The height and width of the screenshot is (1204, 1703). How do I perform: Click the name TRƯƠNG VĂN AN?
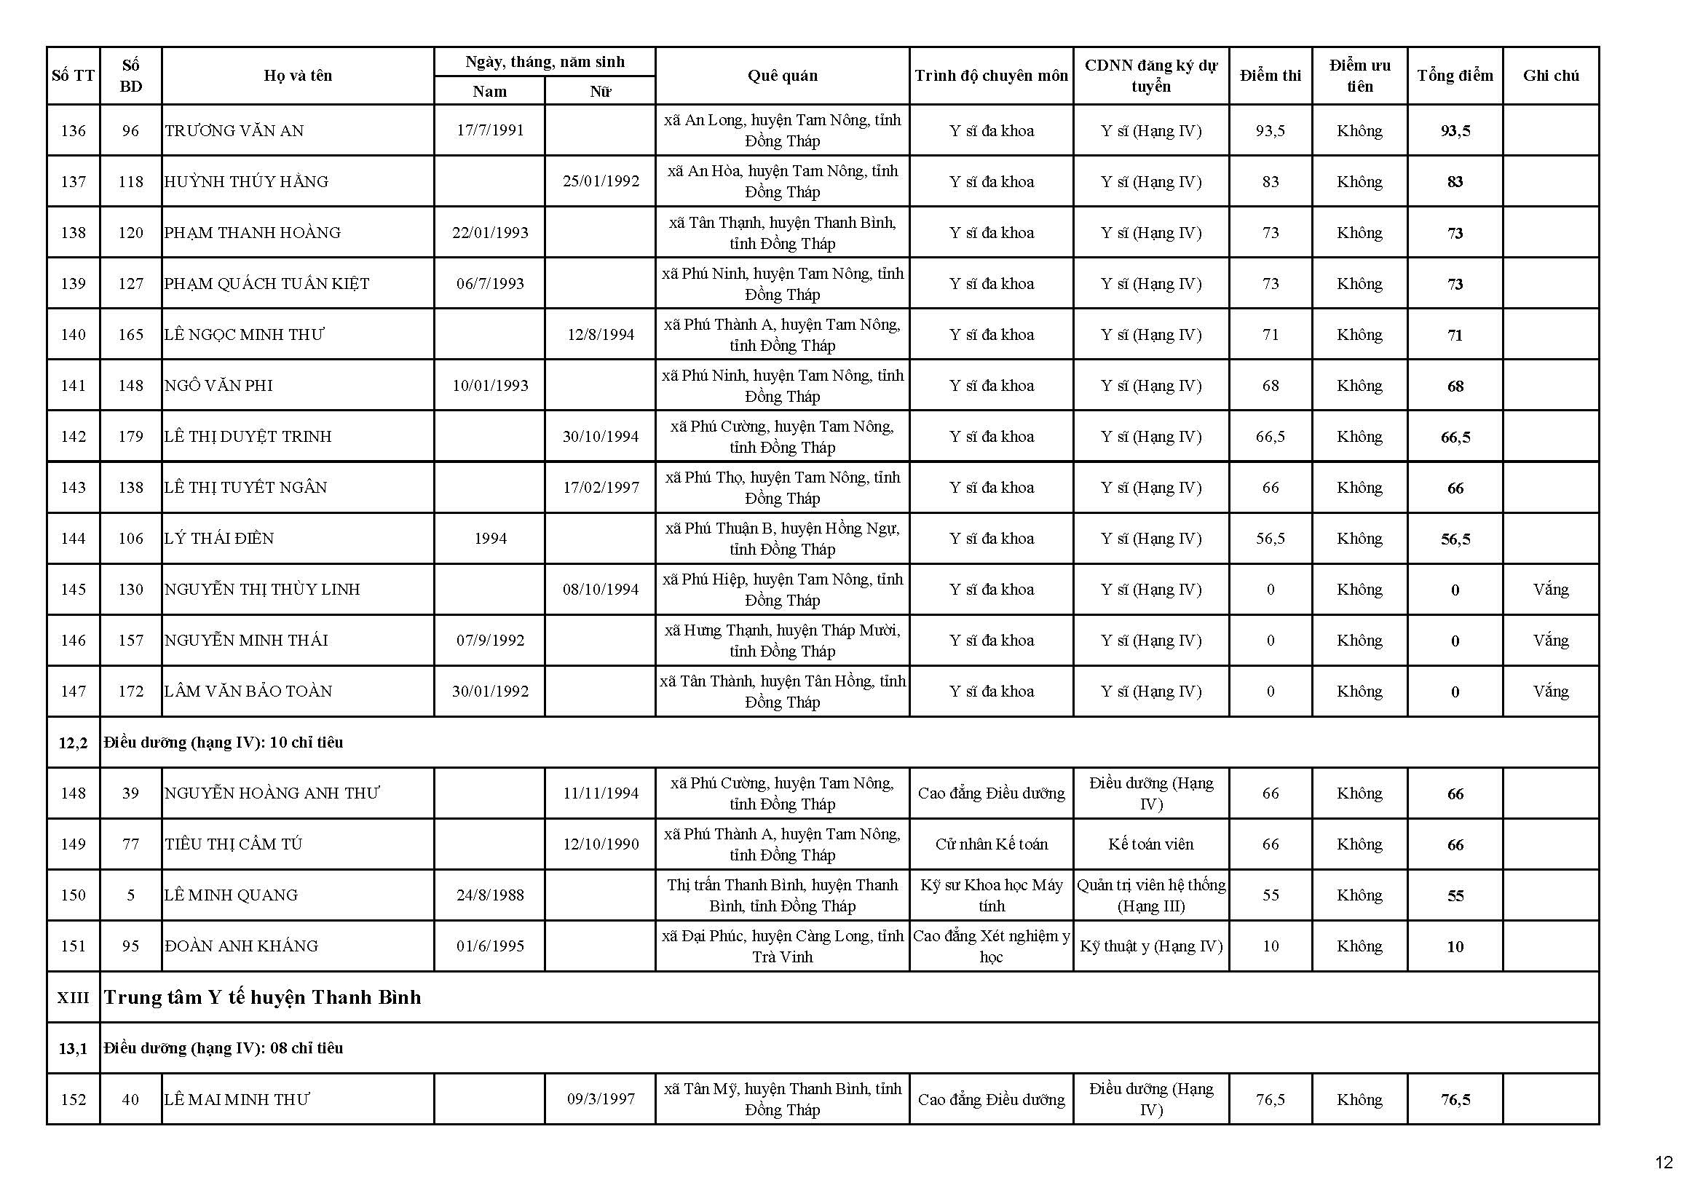point(234,131)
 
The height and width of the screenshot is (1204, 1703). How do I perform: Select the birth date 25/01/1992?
point(600,182)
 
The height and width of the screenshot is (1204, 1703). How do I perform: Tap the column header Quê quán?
point(782,76)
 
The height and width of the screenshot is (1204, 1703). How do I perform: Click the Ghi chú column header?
point(1550,76)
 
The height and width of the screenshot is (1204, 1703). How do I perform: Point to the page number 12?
point(1664,1162)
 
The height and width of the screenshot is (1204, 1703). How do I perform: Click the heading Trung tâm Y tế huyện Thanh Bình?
point(262,997)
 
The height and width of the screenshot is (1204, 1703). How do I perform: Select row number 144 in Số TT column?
point(74,539)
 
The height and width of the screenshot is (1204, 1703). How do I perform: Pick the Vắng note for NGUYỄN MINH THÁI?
point(1550,641)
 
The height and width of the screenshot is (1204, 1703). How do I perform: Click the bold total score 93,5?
point(1455,131)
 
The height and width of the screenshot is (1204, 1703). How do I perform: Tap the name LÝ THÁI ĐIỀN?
point(219,539)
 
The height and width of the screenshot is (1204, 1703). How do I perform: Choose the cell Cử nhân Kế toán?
point(991,844)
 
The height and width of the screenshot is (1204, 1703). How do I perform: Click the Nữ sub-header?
point(600,91)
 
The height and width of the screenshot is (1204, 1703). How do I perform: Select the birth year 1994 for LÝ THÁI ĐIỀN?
point(489,539)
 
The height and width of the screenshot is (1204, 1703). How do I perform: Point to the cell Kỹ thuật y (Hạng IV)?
point(1150,947)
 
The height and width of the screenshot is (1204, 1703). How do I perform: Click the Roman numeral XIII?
point(74,998)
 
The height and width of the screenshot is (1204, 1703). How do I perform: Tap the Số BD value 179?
point(130,437)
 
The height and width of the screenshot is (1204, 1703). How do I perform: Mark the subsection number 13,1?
point(74,1048)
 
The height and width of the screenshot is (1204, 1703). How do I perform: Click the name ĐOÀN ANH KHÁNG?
point(241,947)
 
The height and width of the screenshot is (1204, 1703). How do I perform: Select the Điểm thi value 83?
point(1270,182)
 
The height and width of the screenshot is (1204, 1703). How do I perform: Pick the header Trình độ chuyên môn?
point(991,76)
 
